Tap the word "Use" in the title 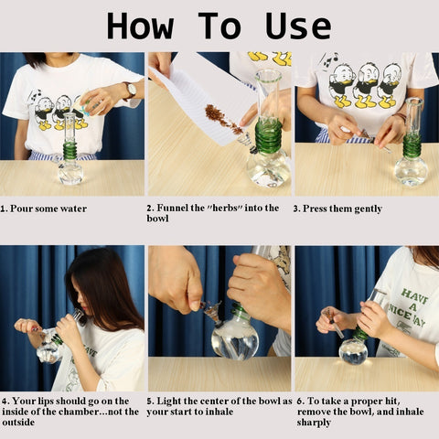[x=298, y=26]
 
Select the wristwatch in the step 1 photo [x=131, y=90]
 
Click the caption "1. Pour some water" [x=44, y=209]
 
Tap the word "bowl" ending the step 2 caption [x=158, y=219]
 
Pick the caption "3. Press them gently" [x=337, y=209]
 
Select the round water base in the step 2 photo [x=269, y=168]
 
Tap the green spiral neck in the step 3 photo [x=412, y=145]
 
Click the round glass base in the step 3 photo [x=412, y=171]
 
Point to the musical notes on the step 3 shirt [x=328, y=61]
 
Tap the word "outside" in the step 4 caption [x=18, y=423]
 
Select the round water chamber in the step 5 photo [x=235, y=337]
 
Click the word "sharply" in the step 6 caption [x=314, y=423]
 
